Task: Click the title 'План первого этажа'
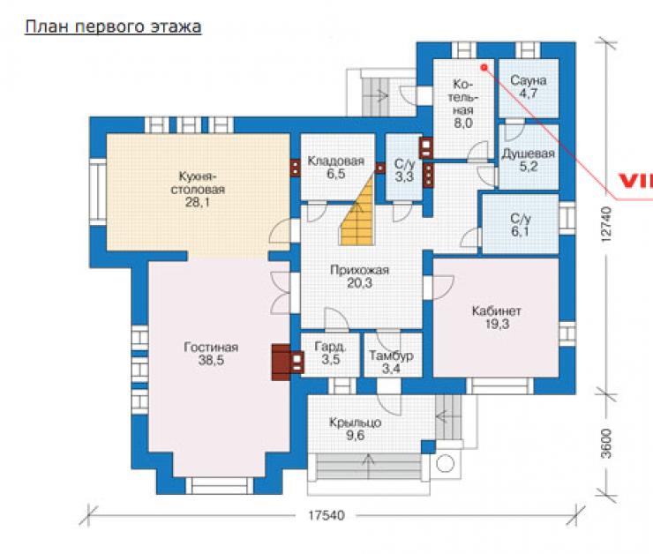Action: [113, 27]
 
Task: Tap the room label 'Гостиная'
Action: [211, 348]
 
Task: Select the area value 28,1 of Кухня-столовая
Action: [198, 202]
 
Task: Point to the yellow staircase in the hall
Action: [357, 213]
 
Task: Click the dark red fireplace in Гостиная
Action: [281, 362]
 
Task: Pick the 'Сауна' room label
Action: [528, 80]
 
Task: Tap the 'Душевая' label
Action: [528, 153]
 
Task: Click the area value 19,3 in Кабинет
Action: [497, 324]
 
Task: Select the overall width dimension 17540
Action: [326, 515]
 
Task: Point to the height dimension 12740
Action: [606, 224]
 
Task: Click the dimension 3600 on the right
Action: [606, 443]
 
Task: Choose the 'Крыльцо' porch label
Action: [355, 423]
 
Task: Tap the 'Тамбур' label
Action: [391, 356]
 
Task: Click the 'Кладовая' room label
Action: [335, 161]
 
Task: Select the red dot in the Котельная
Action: [484, 66]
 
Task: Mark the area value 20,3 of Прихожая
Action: [359, 283]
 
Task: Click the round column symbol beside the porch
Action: [446, 464]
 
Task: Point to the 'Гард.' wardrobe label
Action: [330, 347]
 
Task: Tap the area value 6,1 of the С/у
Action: [520, 231]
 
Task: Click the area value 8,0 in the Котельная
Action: [463, 124]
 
